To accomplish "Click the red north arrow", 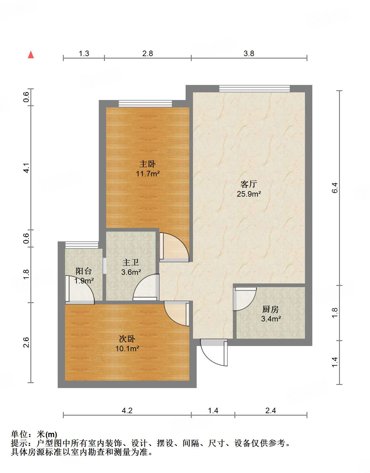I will tap(31, 55).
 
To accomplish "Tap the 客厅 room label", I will tap(249, 184).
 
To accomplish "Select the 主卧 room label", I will tap(148, 164).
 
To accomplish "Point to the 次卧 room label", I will tap(127, 339).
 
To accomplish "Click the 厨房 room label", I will tap(271, 309).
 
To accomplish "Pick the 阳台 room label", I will tap(84, 271).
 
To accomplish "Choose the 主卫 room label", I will tap(131, 263).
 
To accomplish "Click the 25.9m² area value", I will tap(249, 194).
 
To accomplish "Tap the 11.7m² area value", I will tap(148, 174).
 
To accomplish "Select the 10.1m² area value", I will tap(127, 349).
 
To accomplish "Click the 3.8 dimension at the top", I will tap(249, 53).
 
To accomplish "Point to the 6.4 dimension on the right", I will tap(335, 188).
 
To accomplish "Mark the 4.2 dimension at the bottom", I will tap(127, 411).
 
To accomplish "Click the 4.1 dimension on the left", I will tap(26, 168).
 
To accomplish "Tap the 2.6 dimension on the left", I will tap(26, 342).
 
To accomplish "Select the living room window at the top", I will tap(254, 89).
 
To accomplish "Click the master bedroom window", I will tap(145, 104).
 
